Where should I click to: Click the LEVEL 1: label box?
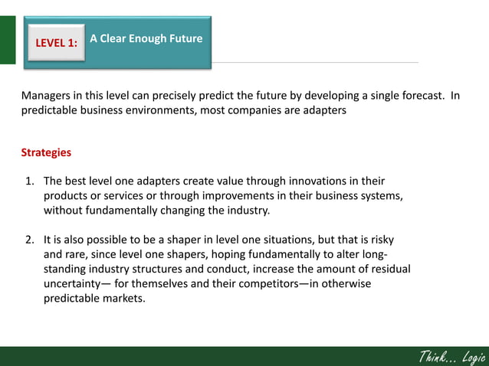[x=56, y=43]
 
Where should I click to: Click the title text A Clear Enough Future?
[x=146, y=38]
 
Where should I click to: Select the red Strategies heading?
[x=46, y=152]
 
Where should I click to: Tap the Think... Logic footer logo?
[x=451, y=356]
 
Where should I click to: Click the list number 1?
[x=30, y=181]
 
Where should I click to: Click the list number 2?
[x=30, y=240]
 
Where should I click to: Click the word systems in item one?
[x=382, y=196]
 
